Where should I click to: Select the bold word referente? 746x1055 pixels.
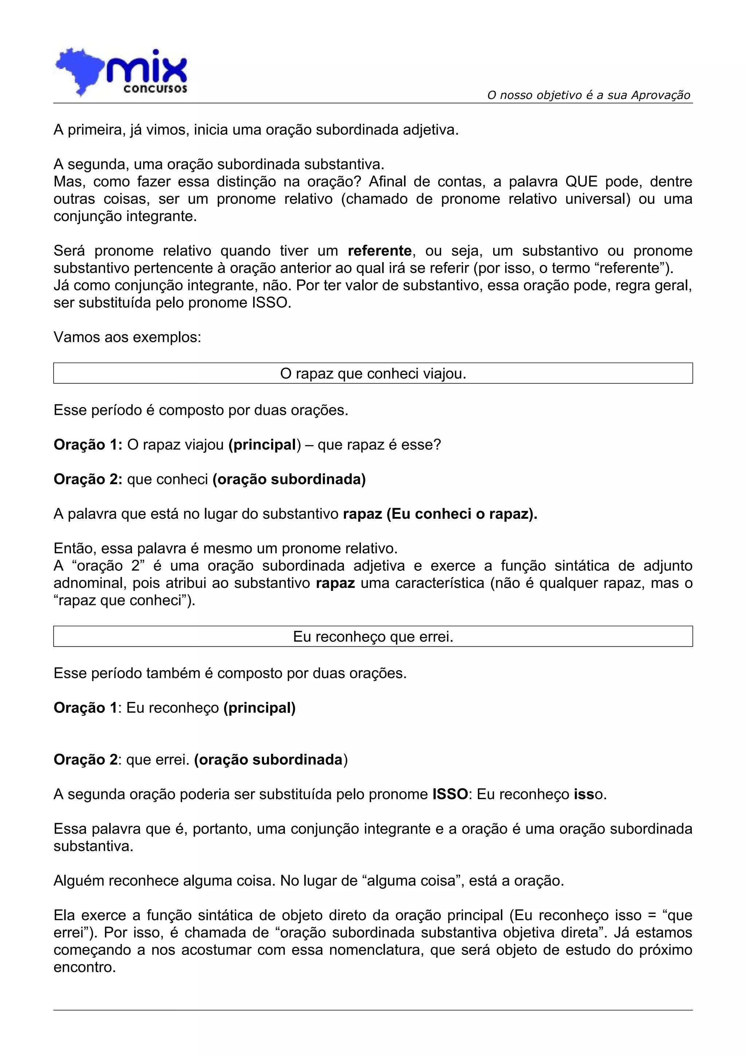coord(380,251)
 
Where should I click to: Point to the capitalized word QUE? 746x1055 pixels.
coord(581,182)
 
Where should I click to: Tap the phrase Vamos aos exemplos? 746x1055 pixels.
coord(127,337)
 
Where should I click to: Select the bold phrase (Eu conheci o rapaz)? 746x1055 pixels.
coord(462,514)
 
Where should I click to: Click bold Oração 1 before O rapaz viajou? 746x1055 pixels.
coord(87,445)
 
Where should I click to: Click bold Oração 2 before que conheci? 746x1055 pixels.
coord(87,479)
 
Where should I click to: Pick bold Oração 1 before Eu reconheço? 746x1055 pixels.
coord(86,708)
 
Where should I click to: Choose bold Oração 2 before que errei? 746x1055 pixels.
coord(86,759)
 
